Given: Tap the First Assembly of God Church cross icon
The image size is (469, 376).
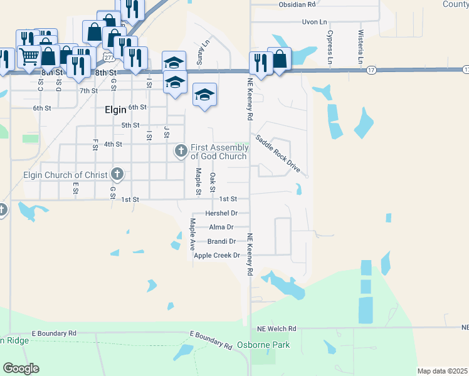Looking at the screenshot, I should click(x=181, y=150).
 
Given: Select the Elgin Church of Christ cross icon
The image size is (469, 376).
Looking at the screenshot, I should click(x=117, y=174).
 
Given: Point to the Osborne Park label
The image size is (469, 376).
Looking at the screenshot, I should click(x=263, y=345).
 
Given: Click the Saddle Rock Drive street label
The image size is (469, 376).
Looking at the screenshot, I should click(x=277, y=153).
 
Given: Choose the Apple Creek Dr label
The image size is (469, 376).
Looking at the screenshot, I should click(x=217, y=255).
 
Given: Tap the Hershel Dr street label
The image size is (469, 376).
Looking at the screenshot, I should click(x=226, y=214).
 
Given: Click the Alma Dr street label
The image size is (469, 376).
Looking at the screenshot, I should click(x=222, y=227).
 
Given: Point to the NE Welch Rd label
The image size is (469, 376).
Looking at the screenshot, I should click(x=276, y=328).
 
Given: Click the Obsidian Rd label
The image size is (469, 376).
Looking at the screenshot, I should click(x=297, y=4).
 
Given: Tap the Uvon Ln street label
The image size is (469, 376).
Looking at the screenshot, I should click(x=315, y=22).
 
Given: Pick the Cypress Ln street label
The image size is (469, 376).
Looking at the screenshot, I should click(x=330, y=46).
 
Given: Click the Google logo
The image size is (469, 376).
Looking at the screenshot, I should click(x=21, y=368).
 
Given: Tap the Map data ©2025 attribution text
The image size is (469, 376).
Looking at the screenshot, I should click(x=442, y=371).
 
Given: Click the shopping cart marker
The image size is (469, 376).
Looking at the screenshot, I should click(x=29, y=56).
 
